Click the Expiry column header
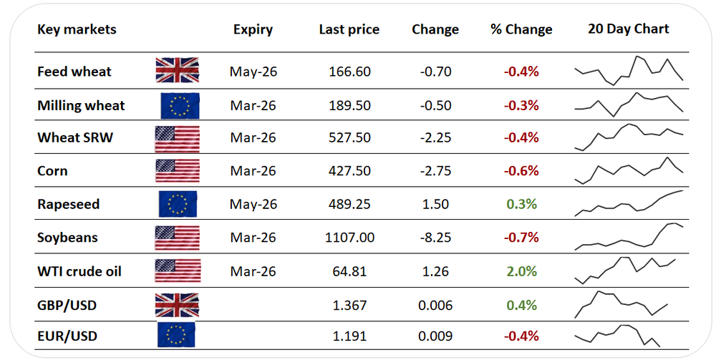click(x=253, y=29)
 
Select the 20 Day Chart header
click(x=628, y=29)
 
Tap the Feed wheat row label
click(x=74, y=72)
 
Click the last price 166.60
click(x=349, y=72)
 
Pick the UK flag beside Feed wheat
click(x=177, y=71)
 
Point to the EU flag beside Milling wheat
click(x=180, y=105)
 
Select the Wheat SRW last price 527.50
click(x=349, y=138)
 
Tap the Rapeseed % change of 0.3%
click(x=521, y=205)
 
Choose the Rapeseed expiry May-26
click(x=253, y=205)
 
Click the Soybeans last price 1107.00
click(x=349, y=238)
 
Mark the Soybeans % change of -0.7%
click(x=521, y=238)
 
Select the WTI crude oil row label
click(x=79, y=271)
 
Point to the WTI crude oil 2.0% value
click(x=521, y=271)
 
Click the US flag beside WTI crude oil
click(x=177, y=271)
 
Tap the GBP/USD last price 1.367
click(x=349, y=306)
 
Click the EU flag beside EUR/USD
click(x=176, y=336)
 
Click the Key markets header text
click(x=77, y=29)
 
